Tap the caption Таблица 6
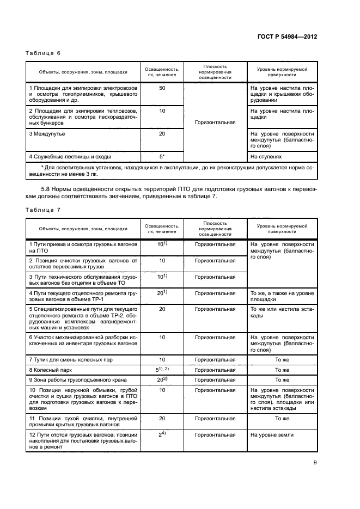(43, 53)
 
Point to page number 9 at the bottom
(315, 463)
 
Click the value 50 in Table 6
(162, 88)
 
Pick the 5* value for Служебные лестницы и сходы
(162, 157)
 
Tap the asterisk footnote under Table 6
(172, 170)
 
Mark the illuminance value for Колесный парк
(162, 369)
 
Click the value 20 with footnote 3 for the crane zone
(162, 379)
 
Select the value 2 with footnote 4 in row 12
(162, 434)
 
